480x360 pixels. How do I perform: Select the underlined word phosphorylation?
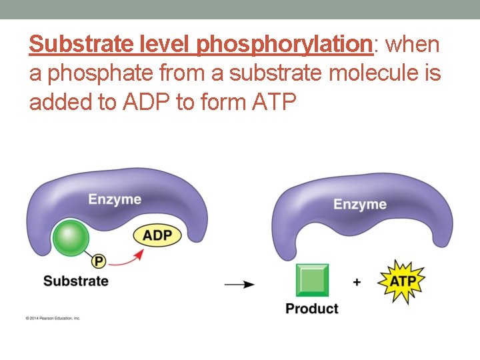[284, 45]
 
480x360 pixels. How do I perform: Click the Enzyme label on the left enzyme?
[115, 199]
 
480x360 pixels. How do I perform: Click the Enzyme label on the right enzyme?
[359, 204]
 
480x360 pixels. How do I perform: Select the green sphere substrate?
[71, 239]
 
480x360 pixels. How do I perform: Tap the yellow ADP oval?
[157, 235]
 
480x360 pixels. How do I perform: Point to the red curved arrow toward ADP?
[127, 261]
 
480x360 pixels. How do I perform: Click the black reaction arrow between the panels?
[239, 285]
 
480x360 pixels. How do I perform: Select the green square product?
[312, 280]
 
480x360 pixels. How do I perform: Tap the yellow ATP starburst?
[402, 281]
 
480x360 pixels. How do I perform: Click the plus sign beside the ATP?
[357, 282]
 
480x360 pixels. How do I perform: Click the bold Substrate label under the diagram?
[75, 281]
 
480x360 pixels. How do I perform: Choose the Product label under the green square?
[311, 309]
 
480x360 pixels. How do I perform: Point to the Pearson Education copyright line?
[53, 318]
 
